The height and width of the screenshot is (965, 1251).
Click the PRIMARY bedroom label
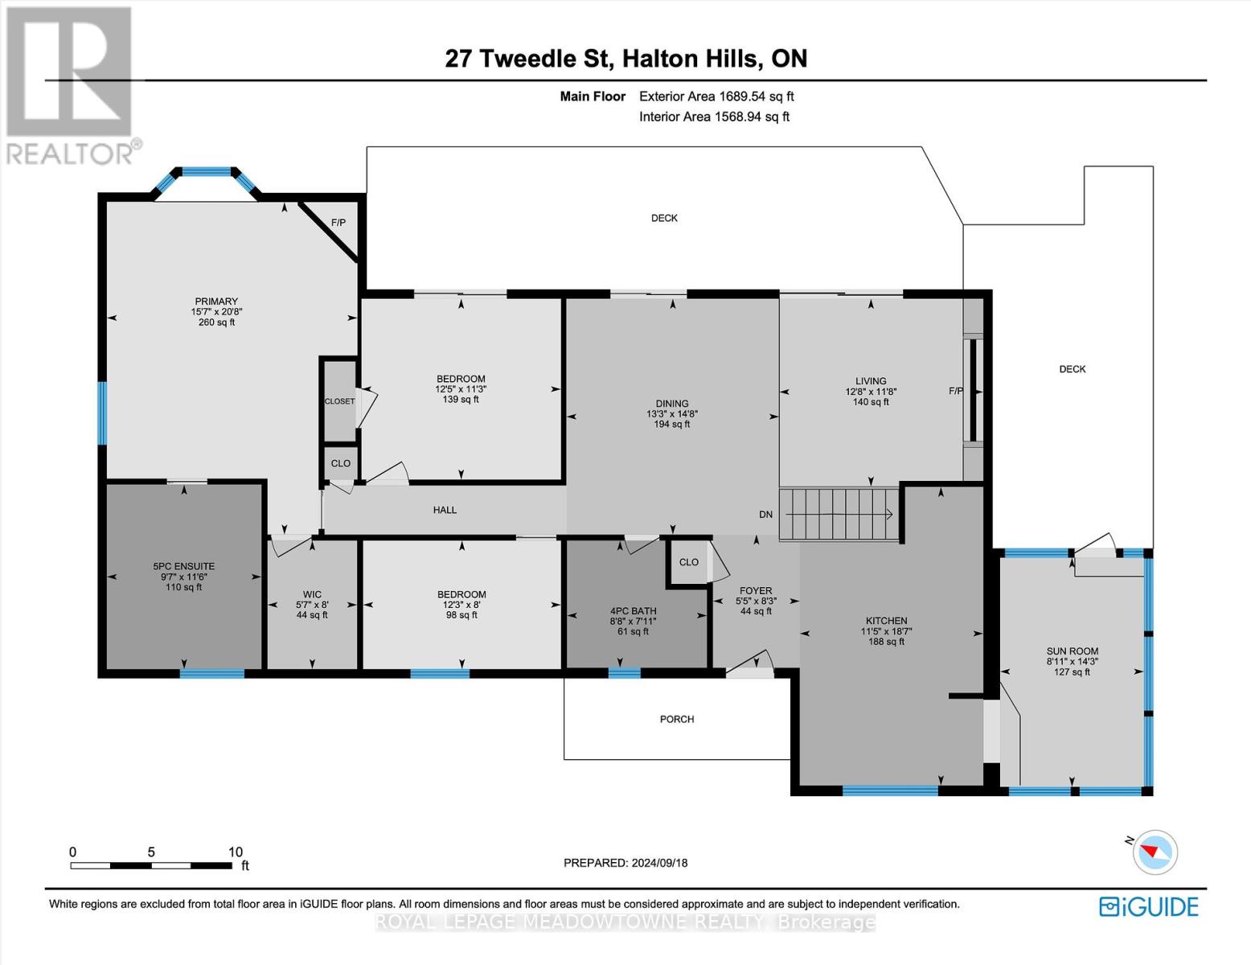[x=215, y=302]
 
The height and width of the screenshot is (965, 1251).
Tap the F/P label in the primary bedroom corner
[x=338, y=222]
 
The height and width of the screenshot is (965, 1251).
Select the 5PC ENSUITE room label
[x=184, y=566]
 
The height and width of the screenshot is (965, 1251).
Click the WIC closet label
[x=312, y=594]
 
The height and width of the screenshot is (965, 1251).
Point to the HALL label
[x=445, y=510]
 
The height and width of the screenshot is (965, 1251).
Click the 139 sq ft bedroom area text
[x=461, y=399]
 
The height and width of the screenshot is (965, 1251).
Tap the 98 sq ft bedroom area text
[x=461, y=615]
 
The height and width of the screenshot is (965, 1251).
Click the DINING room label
[x=672, y=404]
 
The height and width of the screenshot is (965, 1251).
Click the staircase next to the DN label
[x=839, y=514]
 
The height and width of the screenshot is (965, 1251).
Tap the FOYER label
[x=756, y=590]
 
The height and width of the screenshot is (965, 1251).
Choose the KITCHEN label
[x=886, y=621]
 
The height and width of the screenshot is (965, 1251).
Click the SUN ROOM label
[x=1072, y=651]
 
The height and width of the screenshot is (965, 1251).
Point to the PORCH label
[x=676, y=719]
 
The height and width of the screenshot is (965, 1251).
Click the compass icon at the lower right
[x=1155, y=852]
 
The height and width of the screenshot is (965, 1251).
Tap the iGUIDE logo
[x=1148, y=906]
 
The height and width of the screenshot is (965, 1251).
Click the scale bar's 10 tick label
[x=235, y=852]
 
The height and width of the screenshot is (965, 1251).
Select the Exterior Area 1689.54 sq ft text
[x=716, y=96]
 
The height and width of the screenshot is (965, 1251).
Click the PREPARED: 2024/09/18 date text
[x=625, y=863]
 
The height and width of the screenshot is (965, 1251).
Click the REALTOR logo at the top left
[x=69, y=84]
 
